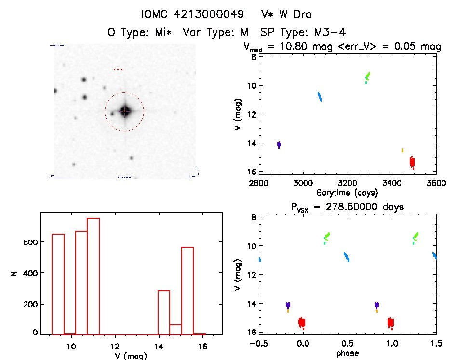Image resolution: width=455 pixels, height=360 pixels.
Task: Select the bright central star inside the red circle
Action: point(125,111)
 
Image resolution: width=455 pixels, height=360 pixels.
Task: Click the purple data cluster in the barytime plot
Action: point(279,145)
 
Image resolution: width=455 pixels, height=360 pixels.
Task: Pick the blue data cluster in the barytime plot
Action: point(320,96)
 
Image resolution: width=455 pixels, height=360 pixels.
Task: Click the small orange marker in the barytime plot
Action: point(402,150)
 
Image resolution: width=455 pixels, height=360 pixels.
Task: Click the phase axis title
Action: point(348,353)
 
